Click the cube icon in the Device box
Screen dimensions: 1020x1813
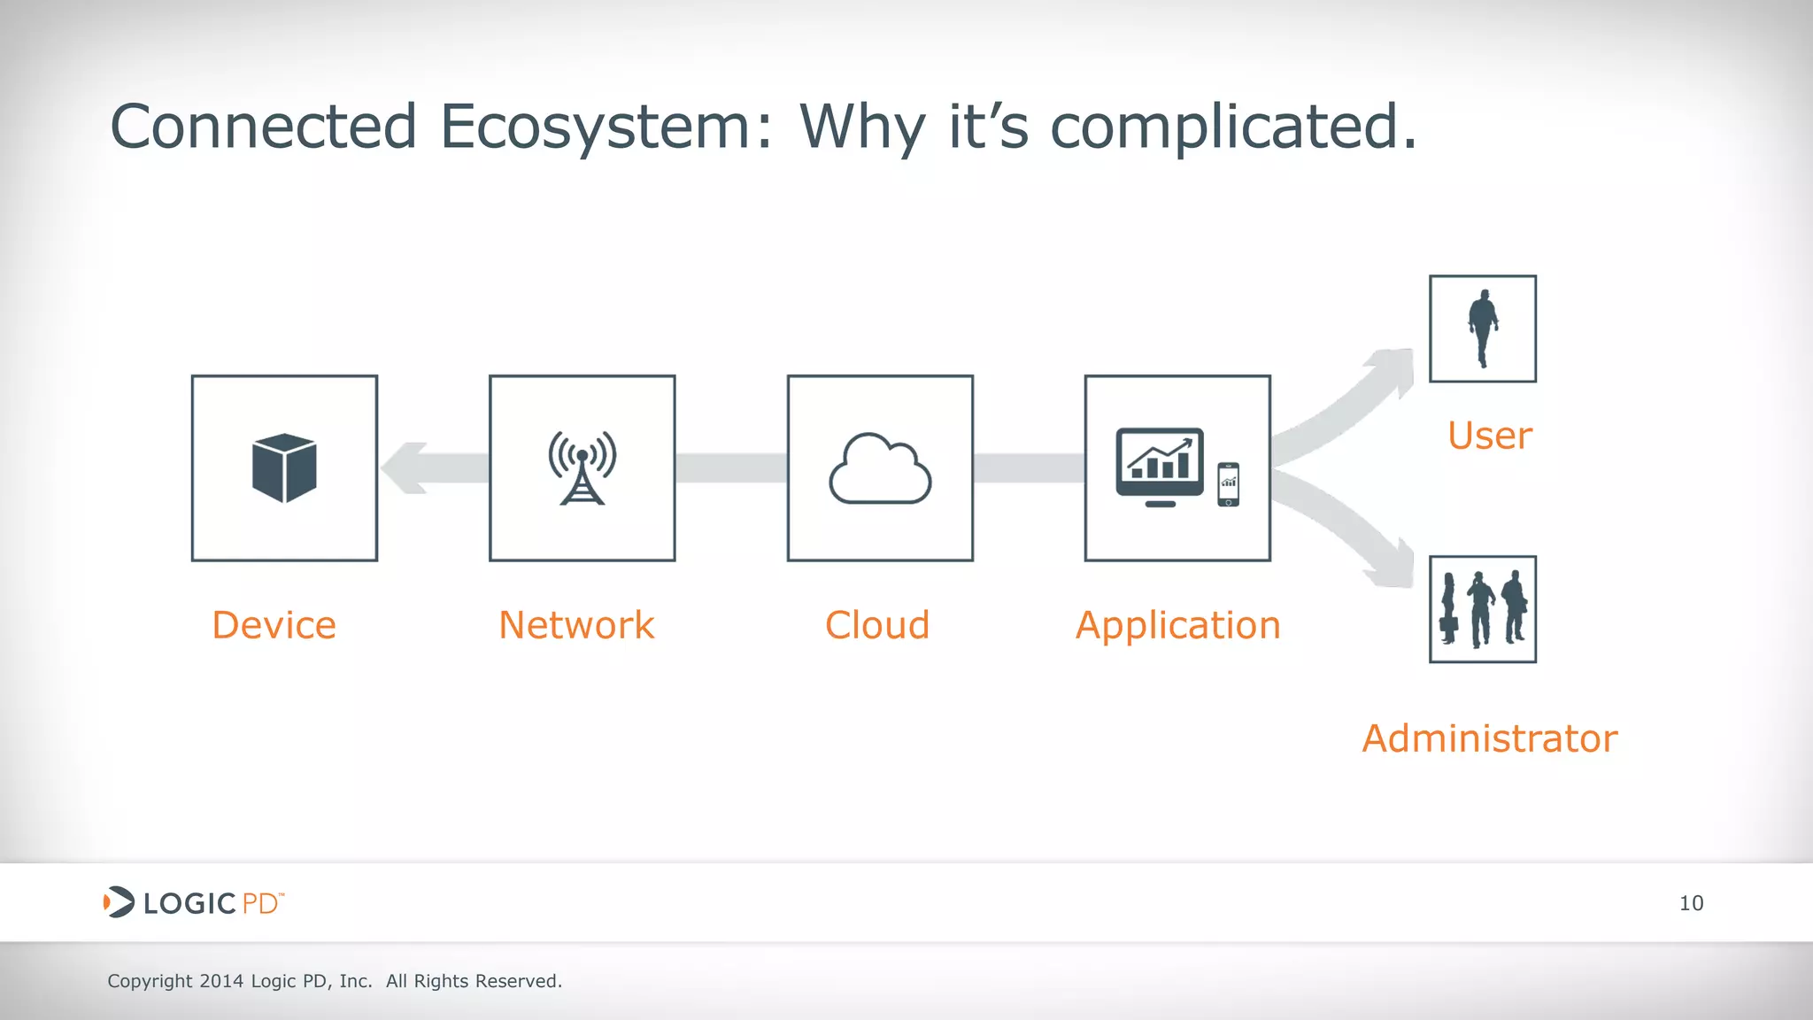click(284, 467)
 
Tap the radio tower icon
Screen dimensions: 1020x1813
click(582, 467)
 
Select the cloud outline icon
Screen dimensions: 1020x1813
click(880, 469)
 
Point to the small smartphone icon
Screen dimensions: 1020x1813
click(1228, 484)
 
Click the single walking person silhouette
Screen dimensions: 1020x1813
click(1483, 328)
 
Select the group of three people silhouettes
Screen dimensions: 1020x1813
click(1483, 609)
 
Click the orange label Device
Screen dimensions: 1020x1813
click(274, 625)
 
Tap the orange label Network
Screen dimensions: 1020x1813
click(576, 625)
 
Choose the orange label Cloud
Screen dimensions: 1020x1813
click(877, 625)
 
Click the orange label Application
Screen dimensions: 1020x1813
click(1177, 626)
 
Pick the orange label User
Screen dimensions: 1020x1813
click(1490, 436)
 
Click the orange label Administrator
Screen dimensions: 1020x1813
click(1490, 738)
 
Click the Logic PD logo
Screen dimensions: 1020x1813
click(194, 902)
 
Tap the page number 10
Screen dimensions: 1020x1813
click(1691, 903)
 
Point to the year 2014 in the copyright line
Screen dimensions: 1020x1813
click(221, 981)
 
